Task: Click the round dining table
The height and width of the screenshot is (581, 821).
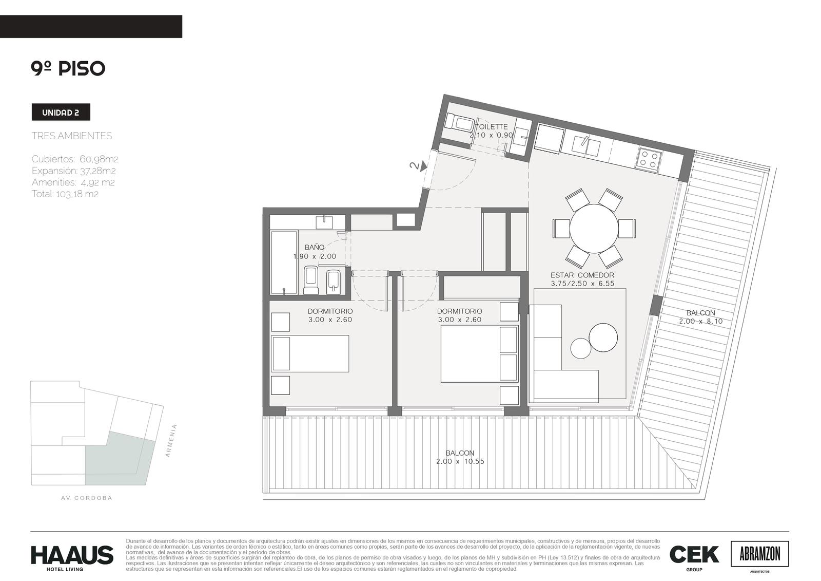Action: tap(594, 228)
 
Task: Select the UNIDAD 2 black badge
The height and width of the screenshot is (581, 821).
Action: tap(61, 112)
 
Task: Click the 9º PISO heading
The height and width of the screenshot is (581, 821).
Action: tap(68, 68)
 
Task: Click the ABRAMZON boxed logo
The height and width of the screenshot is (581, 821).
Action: tap(759, 554)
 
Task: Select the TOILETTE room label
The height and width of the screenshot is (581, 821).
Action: tap(491, 126)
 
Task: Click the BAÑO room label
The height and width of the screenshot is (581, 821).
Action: tap(315, 248)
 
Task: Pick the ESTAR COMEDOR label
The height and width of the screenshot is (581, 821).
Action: tap(582, 275)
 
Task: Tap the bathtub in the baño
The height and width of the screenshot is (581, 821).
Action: tap(284, 262)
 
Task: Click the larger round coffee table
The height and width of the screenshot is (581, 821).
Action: tap(603, 337)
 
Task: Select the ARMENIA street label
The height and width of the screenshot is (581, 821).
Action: tap(171, 440)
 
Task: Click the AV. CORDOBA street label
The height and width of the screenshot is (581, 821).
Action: tap(87, 498)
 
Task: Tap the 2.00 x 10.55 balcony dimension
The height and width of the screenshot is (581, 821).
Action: tap(460, 461)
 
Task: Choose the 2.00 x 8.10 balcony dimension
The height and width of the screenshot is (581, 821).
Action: tap(701, 321)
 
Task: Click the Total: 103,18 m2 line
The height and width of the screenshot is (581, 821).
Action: tap(65, 194)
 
